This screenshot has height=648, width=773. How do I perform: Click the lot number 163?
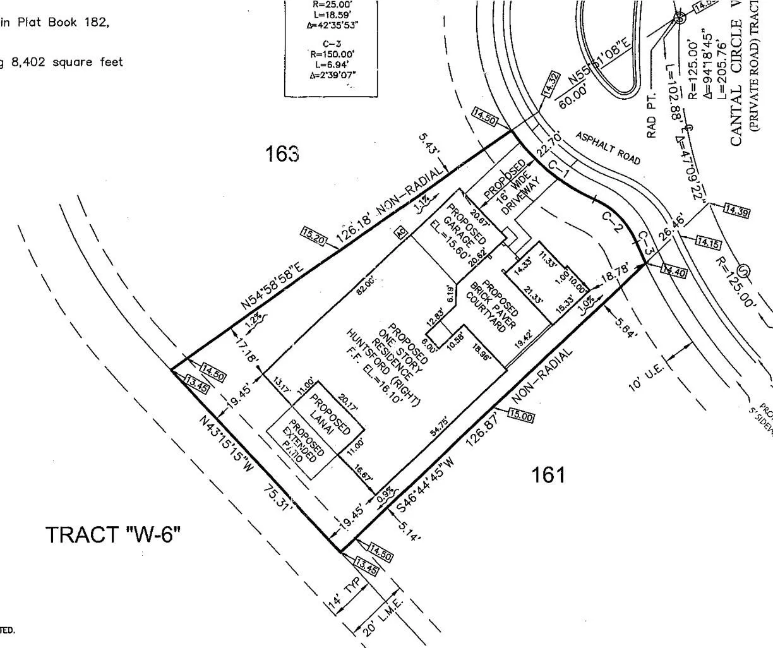coord(282,153)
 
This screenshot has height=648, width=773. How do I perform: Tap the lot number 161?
coord(548,474)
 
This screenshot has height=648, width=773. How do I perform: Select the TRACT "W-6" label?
coord(113,535)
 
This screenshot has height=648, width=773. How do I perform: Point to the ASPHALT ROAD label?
coord(608,148)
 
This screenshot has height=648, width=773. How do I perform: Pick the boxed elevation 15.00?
coord(520,416)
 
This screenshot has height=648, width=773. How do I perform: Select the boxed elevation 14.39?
coord(736,212)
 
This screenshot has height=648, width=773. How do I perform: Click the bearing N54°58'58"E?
coord(272,286)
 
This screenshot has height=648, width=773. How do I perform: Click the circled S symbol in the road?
coord(743,272)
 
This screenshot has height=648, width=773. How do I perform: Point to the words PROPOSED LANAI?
coord(328,413)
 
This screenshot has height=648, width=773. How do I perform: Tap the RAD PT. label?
coord(652,116)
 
